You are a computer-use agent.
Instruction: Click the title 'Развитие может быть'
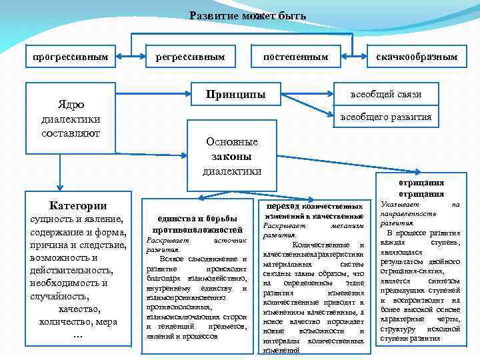247,15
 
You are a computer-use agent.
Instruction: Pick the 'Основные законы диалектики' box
231,157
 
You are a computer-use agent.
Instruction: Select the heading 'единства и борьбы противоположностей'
196,224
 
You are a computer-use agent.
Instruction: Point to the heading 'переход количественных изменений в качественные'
313,211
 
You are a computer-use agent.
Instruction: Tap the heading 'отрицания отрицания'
421,188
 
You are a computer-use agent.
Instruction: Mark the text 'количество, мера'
78,321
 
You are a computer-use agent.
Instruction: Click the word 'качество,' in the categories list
79,309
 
